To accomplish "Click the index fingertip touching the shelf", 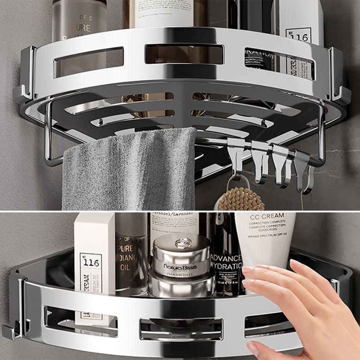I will (x=247, y=270).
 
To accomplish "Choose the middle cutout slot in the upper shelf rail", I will (x=184, y=54).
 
